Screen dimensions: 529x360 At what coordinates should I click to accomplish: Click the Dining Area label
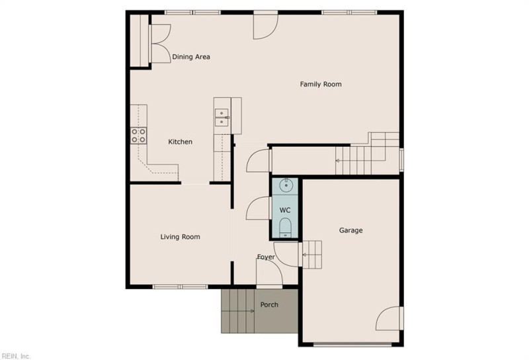click(x=191, y=57)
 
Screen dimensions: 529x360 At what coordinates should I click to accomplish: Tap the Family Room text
click(x=321, y=84)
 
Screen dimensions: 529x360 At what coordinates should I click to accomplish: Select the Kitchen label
click(x=180, y=142)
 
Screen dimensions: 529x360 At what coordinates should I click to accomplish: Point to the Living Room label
click(x=180, y=237)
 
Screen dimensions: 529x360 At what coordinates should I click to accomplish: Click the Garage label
click(x=351, y=230)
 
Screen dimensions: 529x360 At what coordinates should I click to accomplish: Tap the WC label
click(x=285, y=210)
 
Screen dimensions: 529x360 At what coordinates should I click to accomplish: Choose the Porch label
click(x=269, y=304)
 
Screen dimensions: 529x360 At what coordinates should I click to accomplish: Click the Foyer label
click(x=266, y=257)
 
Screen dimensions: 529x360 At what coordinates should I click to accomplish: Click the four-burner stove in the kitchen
click(x=139, y=136)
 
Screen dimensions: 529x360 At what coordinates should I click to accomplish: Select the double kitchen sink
click(x=222, y=118)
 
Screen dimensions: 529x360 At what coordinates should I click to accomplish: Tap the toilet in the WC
click(x=286, y=228)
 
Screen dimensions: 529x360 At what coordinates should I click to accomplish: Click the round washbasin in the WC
click(x=286, y=185)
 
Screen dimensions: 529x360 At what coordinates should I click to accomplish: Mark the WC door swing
click(x=259, y=208)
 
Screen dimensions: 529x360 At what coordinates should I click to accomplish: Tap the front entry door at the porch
click(x=269, y=273)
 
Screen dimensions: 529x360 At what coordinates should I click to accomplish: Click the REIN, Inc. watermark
click(x=16, y=356)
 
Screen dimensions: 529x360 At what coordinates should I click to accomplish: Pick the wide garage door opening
click(x=352, y=345)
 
